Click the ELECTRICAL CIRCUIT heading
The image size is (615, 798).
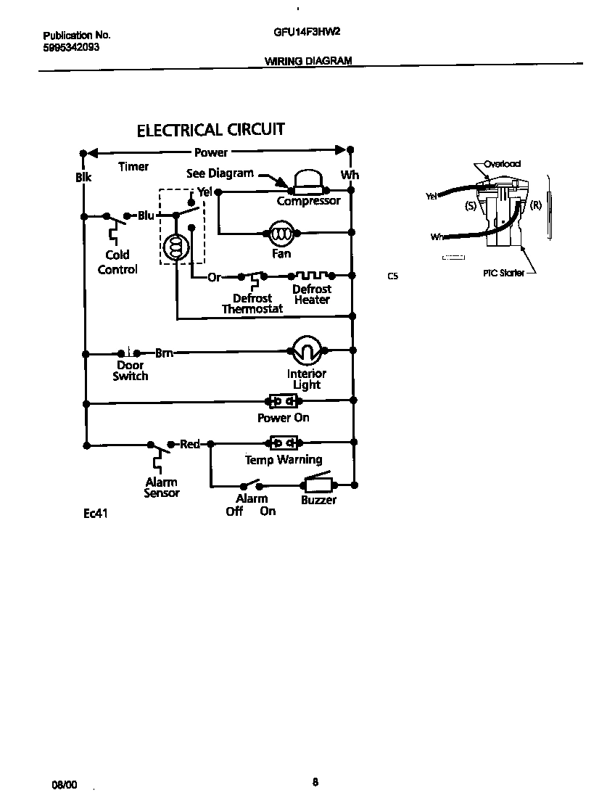point(211,130)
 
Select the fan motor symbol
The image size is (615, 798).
point(280,233)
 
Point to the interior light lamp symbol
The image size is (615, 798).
point(307,352)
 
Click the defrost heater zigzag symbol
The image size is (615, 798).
point(312,276)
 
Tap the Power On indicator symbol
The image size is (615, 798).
point(283,401)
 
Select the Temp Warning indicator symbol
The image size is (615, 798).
point(283,443)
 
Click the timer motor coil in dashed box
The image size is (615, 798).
point(176,248)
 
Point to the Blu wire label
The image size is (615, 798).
point(146,215)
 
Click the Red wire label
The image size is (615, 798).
point(190,443)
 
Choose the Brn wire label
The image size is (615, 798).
point(164,353)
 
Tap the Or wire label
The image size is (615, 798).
point(214,277)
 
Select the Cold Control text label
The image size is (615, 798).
point(117,262)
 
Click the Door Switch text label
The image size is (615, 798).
point(131,371)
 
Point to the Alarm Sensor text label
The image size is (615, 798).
point(161,488)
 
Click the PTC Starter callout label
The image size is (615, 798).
point(504,273)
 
